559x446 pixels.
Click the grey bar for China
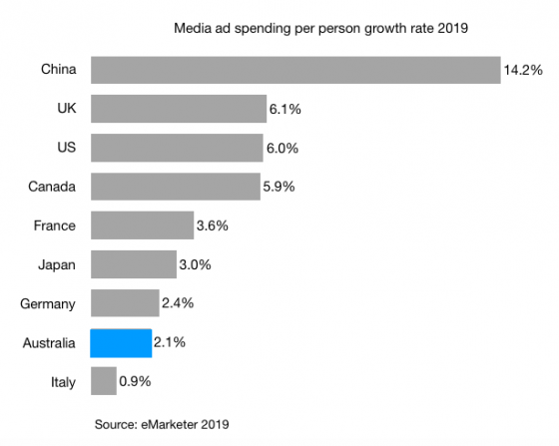(294, 70)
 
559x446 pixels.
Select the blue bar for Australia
(121, 343)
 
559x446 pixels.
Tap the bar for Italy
(103, 382)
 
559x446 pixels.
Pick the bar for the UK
(178, 109)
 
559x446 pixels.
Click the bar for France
(142, 225)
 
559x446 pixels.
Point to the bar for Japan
(133, 264)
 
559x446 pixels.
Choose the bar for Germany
(125, 303)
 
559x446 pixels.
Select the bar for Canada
(175, 187)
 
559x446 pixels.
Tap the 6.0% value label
(281, 149)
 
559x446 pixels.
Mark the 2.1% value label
(170, 344)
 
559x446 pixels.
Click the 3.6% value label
(213, 226)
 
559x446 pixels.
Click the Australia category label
(49, 343)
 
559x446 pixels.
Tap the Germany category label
(49, 304)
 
